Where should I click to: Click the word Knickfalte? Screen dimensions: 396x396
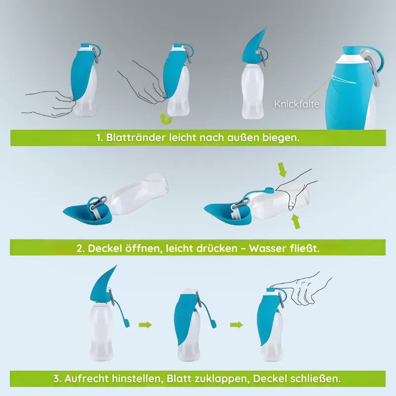[x=297, y=104]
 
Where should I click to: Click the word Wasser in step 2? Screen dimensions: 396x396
[x=267, y=248]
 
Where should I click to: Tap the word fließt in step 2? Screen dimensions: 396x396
[x=305, y=248]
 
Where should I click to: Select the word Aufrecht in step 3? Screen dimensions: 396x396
[x=86, y=379]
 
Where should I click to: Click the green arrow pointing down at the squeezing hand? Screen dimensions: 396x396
[x=282, y=170]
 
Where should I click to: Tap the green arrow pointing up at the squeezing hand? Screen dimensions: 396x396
[x=296, y=221]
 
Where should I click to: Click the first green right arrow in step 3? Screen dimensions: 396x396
[x=145, y=325]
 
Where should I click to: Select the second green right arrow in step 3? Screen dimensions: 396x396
[x=237, y=325]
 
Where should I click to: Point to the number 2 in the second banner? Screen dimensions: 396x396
[x=80, y=248]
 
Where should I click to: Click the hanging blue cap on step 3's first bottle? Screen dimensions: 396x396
[x=126, y=323]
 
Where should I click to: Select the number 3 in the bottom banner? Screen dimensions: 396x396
[x=57, y=379]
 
